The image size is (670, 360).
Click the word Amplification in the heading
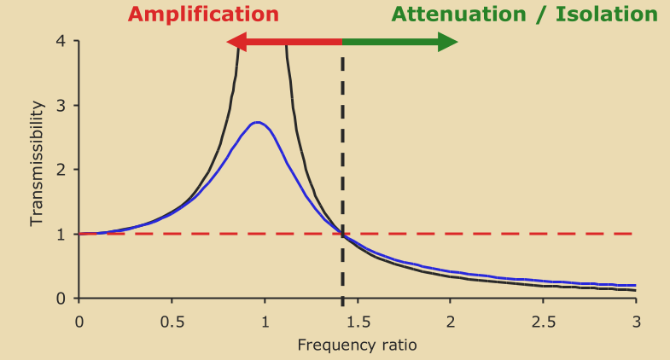coord(203,14)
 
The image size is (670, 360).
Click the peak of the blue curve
coord(258,122)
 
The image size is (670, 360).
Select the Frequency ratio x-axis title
coord(358,345)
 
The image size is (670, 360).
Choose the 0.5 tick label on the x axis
coord(172,322)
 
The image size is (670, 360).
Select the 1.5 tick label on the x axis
coord(358,322)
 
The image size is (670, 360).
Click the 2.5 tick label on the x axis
coord(543,322)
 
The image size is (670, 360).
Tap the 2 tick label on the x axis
coord(450,322)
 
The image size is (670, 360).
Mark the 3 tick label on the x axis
coord(636,322)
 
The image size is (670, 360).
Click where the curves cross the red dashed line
coord(342,234)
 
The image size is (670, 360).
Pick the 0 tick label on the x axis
coord(79,322)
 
